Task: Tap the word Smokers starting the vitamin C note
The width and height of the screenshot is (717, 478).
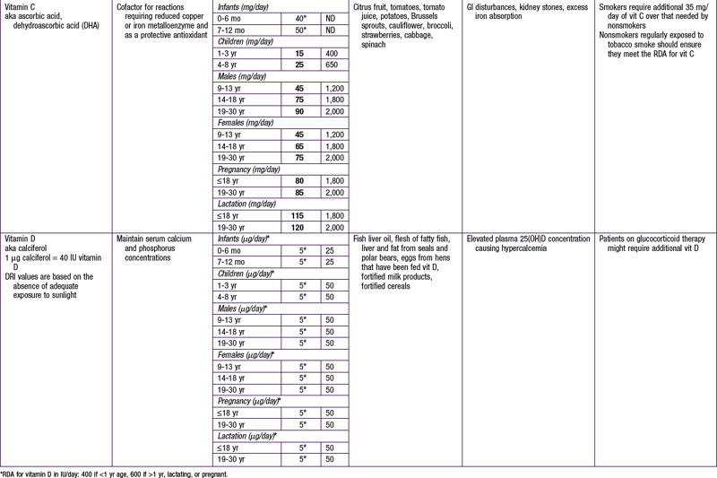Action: click(618, 6)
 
